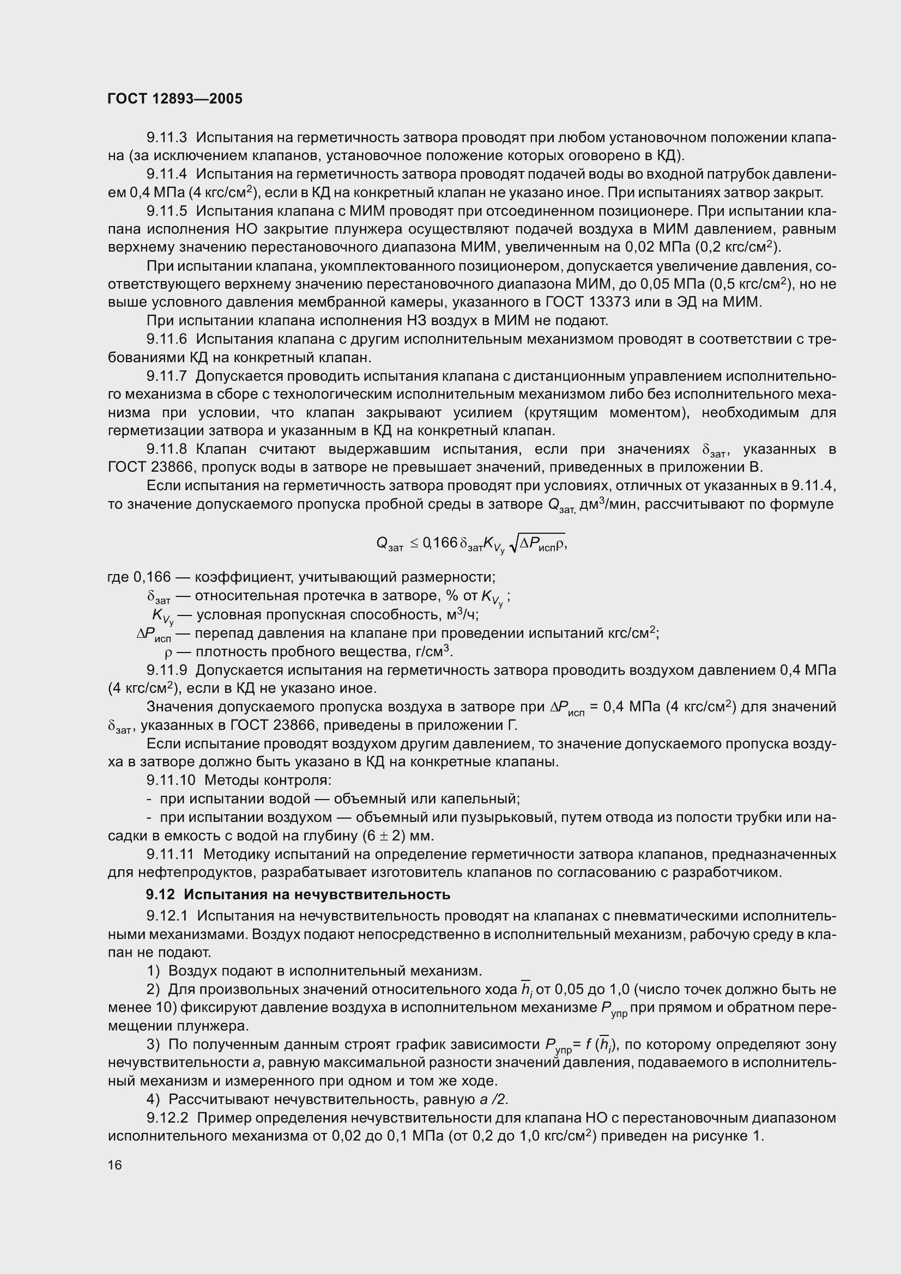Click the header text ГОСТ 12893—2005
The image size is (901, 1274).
(x=175, y=99)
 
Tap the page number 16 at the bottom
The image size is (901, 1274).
(x=115, y=1165)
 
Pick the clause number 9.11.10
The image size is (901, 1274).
(x=171, y=780)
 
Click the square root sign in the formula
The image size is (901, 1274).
(x=513, y=544)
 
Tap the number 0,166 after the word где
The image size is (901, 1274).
(x=152, y=577)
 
